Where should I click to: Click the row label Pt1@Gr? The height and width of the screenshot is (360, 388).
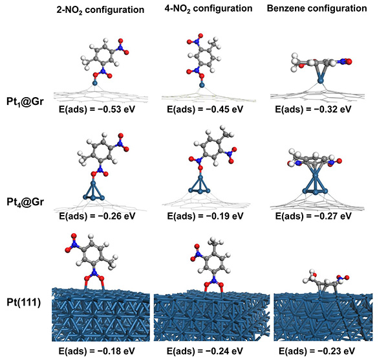pyautogui.click(x=25, y=102)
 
